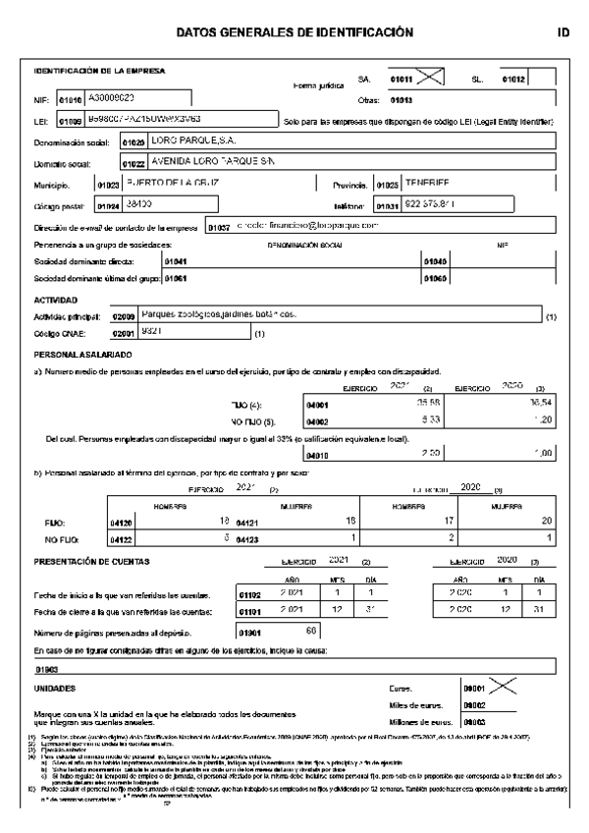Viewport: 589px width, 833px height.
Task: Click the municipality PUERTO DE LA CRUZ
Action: [172, 184]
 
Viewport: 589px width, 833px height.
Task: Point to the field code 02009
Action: [124, 316]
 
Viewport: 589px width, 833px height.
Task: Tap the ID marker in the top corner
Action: [562, 32]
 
